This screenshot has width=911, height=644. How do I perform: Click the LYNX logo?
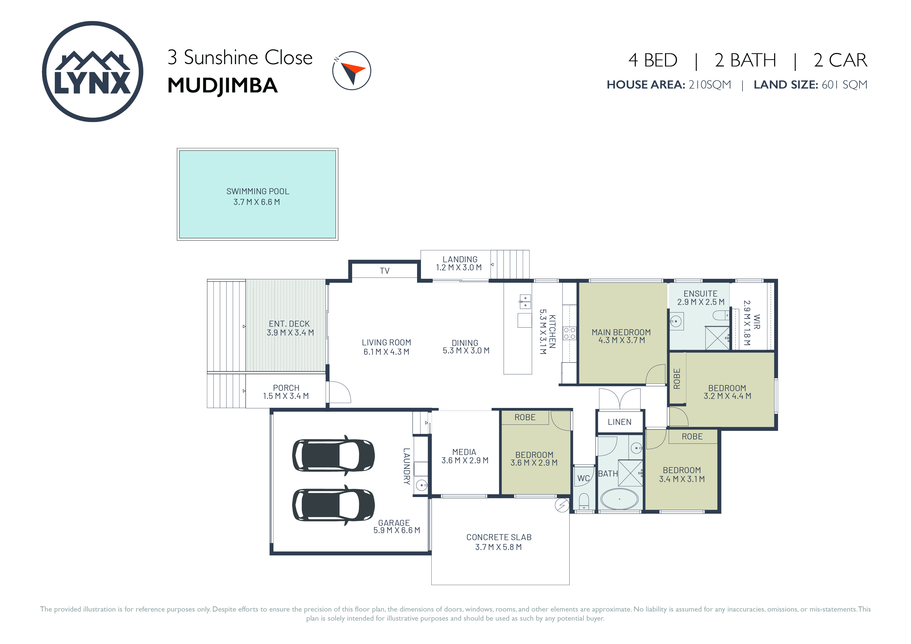point(92,71)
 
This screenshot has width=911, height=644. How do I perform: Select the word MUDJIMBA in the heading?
point(222,86)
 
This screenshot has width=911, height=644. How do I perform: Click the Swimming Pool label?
point(258,196)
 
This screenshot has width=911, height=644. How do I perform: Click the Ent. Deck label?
point(290,328)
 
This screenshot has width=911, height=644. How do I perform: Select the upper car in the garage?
point(333,455)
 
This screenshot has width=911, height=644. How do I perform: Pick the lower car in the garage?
point(333,505)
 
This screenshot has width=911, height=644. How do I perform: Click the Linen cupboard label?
point(619,422)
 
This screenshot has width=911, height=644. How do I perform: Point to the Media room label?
point(465,456)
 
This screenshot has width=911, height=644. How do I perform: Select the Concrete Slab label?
point(499,542)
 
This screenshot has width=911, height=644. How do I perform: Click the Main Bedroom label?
point(621,336)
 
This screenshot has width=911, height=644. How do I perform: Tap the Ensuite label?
point(701,298)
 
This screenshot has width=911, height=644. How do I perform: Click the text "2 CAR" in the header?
point(840,60)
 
